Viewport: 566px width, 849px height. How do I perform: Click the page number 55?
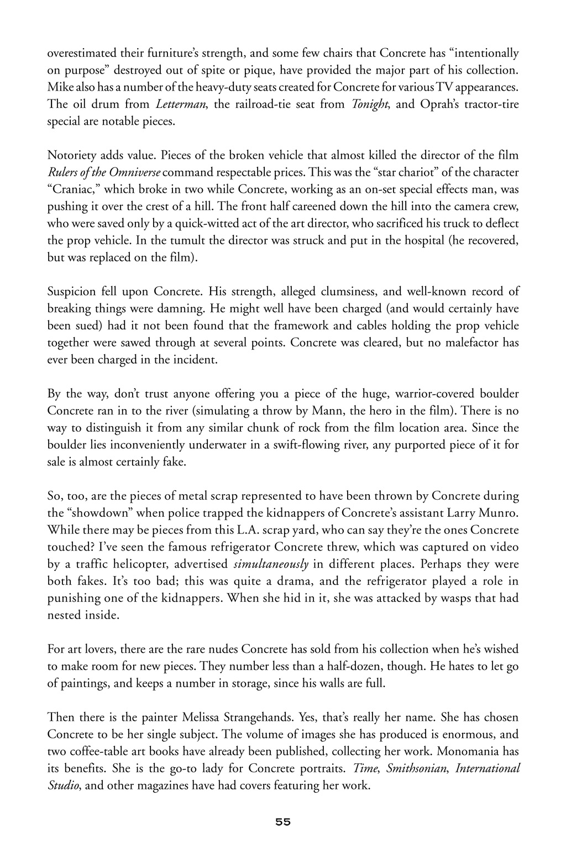(x=283, y=821)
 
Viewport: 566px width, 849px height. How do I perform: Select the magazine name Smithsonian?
(x=416, y=769)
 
